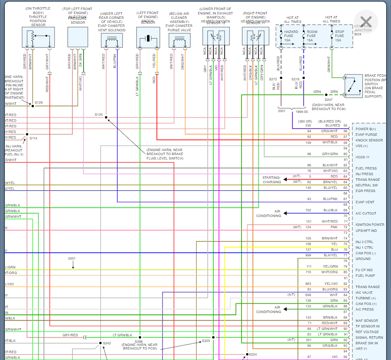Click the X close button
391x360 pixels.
366,22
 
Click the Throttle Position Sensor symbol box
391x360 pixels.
38,37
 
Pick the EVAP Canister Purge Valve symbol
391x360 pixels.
179,40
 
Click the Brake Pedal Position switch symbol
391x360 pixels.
353,86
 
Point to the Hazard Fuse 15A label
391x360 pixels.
291,36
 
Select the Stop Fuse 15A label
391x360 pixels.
340,36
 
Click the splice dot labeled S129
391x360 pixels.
33,106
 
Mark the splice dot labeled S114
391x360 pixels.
27,134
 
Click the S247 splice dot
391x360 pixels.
326,95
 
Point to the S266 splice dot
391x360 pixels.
140,337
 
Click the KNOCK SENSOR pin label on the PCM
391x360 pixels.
369,140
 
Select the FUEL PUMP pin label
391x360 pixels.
365,276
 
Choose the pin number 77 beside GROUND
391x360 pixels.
345,255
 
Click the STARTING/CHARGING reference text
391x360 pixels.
272,180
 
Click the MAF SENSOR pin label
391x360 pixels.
366,321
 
